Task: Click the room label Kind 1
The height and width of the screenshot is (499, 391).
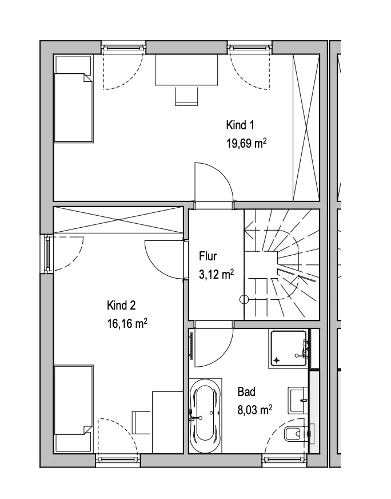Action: click(x=240, y=125)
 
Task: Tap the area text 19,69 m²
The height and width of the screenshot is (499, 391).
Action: click(x=246, y=143)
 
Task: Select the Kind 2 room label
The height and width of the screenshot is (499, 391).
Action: click(x=121, y=306)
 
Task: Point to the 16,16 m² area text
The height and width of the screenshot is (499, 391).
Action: click(x=127, y=324)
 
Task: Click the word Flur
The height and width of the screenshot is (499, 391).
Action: click(x=208, y=256)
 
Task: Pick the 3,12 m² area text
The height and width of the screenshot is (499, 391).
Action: click(x=217, y=274)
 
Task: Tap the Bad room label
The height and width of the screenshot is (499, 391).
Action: click(x=246, y=392)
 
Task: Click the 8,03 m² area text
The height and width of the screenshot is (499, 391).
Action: click(x=255, y=410)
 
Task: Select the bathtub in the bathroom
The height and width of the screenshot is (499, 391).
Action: click(x=205, y=415)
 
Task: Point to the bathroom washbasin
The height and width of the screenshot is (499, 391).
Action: click(x=298, y=400)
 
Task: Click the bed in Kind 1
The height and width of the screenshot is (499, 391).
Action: click(x=74, y=99)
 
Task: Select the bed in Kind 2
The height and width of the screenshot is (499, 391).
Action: click(x=74, y=409)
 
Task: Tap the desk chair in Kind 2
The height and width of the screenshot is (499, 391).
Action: click(x=141, y=423)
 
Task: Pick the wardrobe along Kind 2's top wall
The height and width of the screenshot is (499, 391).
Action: click(x=118, y=220)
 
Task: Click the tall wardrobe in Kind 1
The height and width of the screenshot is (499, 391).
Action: click(x=306, y=128)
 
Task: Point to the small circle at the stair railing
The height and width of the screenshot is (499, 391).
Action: click(x=244, y=299)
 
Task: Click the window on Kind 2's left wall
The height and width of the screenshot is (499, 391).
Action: click(x=47, y=254)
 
